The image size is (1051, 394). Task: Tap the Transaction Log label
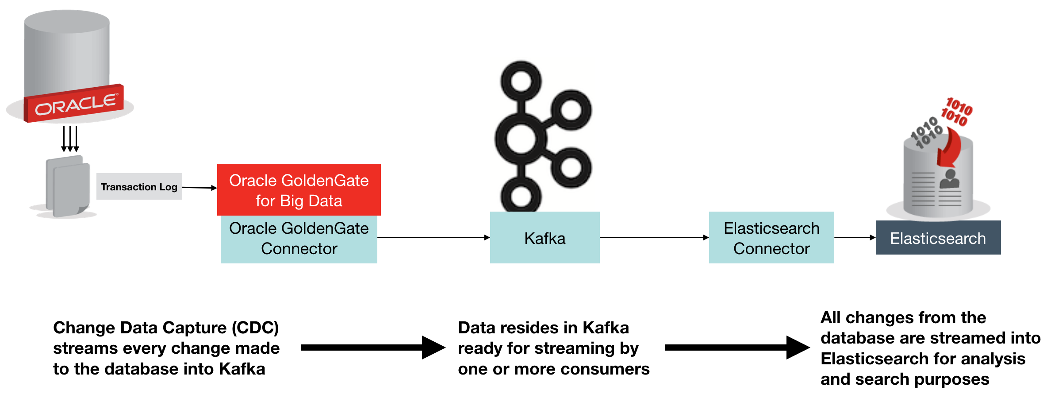(139, 187)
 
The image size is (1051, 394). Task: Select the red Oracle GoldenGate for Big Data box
(299, 190)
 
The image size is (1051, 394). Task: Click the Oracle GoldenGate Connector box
(299, 239)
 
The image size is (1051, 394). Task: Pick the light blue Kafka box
(545, 238)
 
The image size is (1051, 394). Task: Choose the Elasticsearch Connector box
(771, 238)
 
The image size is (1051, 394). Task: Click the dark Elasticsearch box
(938, 238)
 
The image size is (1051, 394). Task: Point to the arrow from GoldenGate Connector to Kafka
(433, 238)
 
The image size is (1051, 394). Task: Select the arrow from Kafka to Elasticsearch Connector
(654, 238)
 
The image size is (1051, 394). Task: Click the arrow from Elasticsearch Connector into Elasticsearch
(855, 238)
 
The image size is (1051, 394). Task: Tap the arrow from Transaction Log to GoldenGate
(199, 188)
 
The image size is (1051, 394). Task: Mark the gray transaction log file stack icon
(68, 186)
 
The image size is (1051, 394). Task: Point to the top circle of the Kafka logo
(521, 81)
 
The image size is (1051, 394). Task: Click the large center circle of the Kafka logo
(521, 139)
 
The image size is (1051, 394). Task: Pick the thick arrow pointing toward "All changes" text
(737, 348)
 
